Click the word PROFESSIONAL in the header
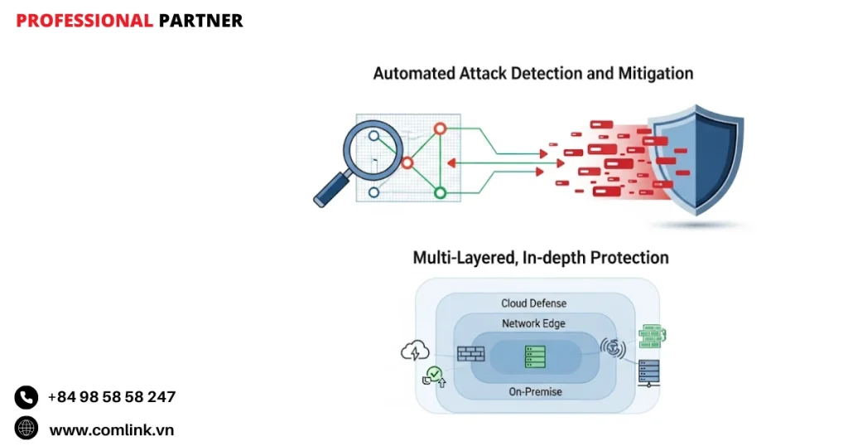pos(84,21)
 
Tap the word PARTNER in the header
pos(200,21)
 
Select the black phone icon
pos(26,397)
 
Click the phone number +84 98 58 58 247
pos(112,397)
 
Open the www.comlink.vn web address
pos(112,429)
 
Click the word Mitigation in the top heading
pos(655,73)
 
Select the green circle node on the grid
pos(440,193)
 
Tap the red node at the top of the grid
pos(440,128)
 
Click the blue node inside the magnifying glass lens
pos(374,135)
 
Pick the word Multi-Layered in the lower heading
pos(465,258)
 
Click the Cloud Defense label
pos(534,303)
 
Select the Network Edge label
pos(533,323)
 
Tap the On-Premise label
pos(534,391)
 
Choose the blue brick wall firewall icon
pos(470,353)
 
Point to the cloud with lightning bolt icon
pos(412,352)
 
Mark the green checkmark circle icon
pos(433,375)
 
